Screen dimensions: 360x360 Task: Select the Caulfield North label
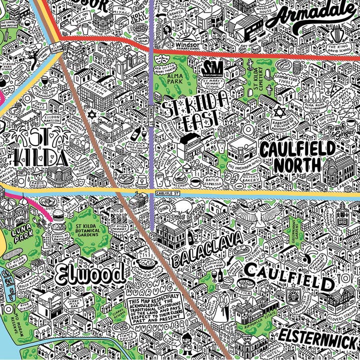coord(297,156)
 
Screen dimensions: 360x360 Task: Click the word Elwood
coord(90,273)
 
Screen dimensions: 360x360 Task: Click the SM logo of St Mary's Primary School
coord(210,67)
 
